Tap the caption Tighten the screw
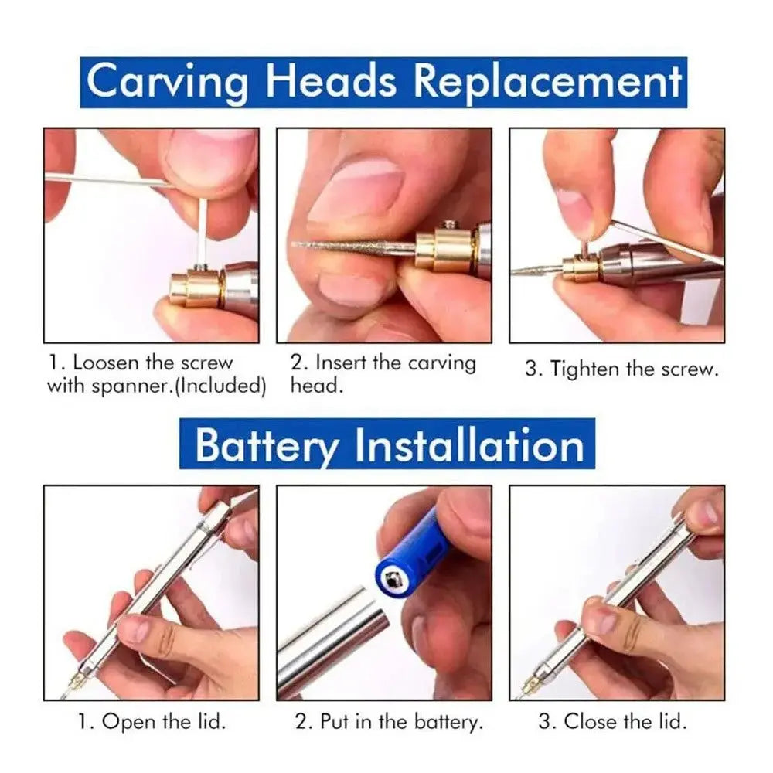point(622,369)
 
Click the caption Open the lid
point(152,722)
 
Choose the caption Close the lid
point(612,722)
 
